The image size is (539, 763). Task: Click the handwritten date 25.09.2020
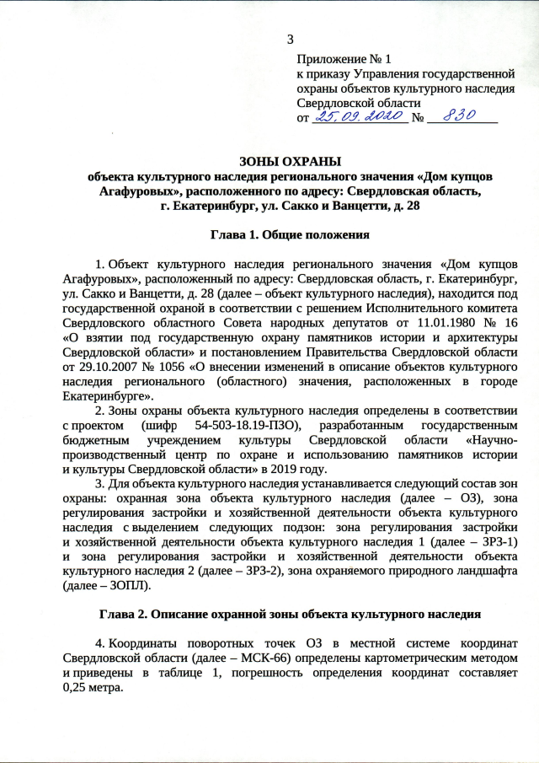click(359, 117)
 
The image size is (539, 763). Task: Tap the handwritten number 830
click(460, 116)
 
